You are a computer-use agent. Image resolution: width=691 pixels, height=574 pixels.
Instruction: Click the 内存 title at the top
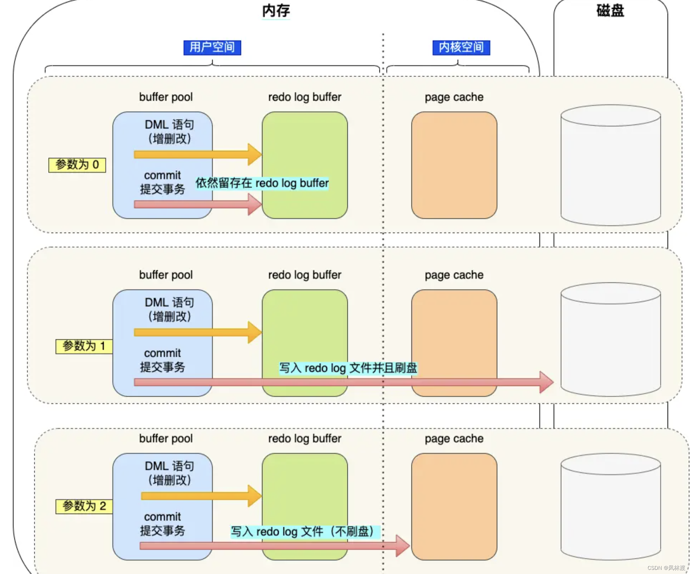pyautogui.click(x=276, y=11)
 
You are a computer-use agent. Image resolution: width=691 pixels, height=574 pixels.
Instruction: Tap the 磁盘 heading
pyautogui.click(x=610, y=11)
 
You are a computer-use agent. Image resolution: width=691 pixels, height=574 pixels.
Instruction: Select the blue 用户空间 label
pyautogui.click(x=212, y=48)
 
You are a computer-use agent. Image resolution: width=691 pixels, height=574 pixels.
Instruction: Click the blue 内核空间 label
pyautogui.click(x=461, y=48)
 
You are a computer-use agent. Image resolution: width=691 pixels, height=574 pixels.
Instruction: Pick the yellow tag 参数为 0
pyautogui.click(x=77, y=165)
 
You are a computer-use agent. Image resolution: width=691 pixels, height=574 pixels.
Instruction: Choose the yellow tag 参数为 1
pyautogui.click(x=84, y=346)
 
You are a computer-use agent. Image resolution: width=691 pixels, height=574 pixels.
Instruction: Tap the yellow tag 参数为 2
pyautogui.click(x=84, y=506)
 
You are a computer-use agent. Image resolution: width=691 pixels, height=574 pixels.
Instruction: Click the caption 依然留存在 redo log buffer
pyautogui.click(x=262, y=183)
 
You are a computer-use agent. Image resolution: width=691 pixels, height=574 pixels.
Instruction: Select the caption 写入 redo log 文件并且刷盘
pyautogui.click(x=348, y=368)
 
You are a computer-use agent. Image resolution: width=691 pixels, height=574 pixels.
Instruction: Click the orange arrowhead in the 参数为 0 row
pyautogui.click(x=255, y=154)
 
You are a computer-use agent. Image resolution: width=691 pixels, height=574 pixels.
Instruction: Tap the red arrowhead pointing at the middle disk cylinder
pyautogui.click(x=547, y=382)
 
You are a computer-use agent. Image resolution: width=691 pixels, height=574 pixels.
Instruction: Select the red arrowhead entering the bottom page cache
pyautogui.click(x=402, y=545)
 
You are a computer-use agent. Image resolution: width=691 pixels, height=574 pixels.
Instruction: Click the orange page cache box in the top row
pyautogui.click(x=454, y=165)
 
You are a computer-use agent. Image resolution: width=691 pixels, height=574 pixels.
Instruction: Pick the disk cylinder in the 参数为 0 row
pyautogui.click(x=610, y=166)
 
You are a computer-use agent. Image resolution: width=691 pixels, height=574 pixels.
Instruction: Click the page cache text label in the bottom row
pyautogui.click(x=454, y=439)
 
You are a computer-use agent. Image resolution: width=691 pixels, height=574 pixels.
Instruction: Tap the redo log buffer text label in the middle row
pyautogui.click(x=304, y=275)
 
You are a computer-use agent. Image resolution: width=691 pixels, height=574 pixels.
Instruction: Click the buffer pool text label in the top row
pyautogui.click(x=166, y=97)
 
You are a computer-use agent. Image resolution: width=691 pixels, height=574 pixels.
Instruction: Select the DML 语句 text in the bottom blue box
pyautogui.click(x=169, y=466)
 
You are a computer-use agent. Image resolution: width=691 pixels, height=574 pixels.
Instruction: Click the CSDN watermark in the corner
pyautogui.click(x=666, y=568)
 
